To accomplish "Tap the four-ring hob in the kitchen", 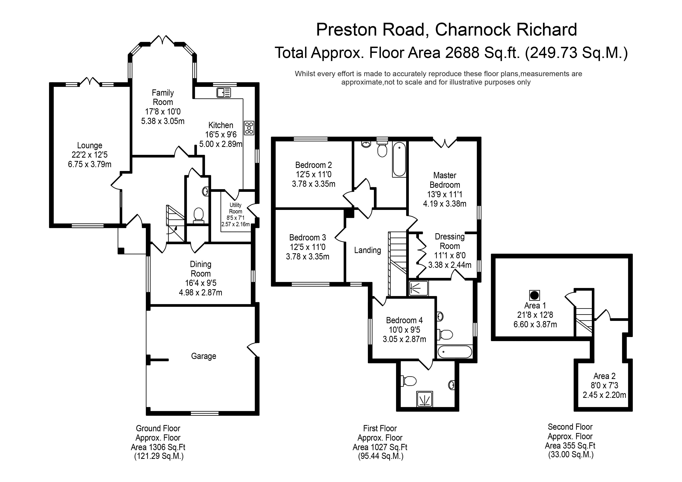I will pos(249,128).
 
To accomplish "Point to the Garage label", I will pos(204,356).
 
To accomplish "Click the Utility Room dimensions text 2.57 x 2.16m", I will pos(235,224).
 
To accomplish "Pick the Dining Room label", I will pos(200,269).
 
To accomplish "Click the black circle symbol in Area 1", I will pos(534,295).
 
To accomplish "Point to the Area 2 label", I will pos(604,376).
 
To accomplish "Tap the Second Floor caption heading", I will pos(570,427).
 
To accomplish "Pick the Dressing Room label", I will pos(449,241).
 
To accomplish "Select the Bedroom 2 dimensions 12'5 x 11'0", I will pos(313,174).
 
